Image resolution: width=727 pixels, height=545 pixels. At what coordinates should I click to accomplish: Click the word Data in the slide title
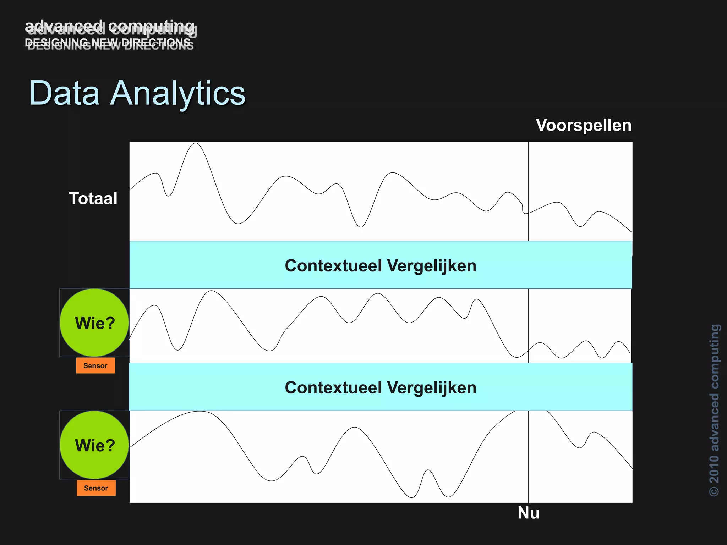point(64,93)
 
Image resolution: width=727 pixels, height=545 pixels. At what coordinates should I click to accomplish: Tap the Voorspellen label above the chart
point(584,125)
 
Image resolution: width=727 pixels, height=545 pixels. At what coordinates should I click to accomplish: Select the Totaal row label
point(93,198)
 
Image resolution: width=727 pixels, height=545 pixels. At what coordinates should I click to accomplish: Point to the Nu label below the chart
point(528,513)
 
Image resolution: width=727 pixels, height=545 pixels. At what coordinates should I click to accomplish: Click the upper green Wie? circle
point(94,323)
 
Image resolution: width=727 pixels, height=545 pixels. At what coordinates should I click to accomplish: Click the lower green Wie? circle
point(94,445)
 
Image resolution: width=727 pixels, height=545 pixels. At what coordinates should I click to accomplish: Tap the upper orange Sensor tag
point(95,366)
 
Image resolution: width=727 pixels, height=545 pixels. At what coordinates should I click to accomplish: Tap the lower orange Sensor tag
point(96,488)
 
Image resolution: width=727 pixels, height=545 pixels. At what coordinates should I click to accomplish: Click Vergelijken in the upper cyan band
point(431,266)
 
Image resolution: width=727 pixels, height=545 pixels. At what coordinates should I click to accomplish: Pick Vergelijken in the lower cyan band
point(431,387)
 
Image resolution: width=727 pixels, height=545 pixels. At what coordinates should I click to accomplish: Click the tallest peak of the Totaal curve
point(195,143)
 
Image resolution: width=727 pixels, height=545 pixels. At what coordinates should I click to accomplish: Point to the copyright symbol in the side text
point(714,491)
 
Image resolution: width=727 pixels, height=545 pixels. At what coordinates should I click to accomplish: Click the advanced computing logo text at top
point(110,27)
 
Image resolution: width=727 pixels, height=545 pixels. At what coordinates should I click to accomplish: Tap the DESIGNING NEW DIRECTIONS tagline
point(108,43)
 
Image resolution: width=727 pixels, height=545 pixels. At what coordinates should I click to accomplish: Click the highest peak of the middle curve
point(212,291)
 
